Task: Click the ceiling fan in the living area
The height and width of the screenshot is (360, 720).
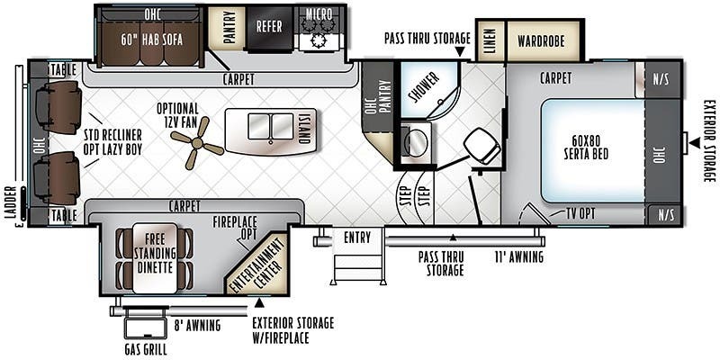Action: click(x=197, y=143)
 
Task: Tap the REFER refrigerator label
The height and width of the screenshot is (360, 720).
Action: click(x=269, y=26)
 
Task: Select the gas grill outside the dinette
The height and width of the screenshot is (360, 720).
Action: click(x=146, y=328)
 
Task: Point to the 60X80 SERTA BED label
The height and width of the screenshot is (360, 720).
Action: click(x=587, y=148)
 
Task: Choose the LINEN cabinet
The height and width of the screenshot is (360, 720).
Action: click(x=490, y=40)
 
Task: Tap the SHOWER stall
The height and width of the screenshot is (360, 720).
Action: click(x=429, y=89)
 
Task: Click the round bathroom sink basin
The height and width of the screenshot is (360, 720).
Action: click(x=416, y=142)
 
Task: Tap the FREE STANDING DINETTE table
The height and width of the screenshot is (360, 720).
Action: click(x=155, y=258)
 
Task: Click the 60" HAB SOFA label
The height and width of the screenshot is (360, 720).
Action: click(x=151, y=40)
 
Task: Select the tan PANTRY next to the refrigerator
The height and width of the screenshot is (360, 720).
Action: click(x=227, y=28)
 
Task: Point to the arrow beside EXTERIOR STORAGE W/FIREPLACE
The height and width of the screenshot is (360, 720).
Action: click(x=259, y=302)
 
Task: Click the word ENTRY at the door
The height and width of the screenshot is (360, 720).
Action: click(x=356, y=238)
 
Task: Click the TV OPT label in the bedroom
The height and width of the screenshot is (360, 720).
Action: click(x=580, y=213)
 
